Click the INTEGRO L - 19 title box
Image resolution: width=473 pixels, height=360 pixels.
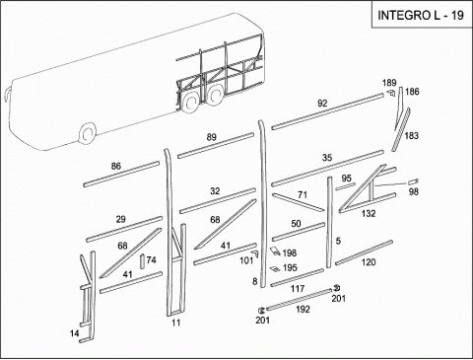click(x=421, y=15)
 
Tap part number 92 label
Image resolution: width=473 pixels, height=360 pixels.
click(x=322, y=104)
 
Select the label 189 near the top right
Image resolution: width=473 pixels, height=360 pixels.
click(x=389, y=83)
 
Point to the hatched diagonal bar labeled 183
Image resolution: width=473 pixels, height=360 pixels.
click(x=401, y=129)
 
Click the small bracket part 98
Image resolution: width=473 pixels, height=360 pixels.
click(x=413, y=181)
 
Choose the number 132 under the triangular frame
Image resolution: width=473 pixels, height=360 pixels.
click(x=369, y=213)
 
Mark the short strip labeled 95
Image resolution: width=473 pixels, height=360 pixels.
click(x=345, y=186)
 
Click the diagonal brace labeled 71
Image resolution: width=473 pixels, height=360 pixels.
click(x=299, y=201)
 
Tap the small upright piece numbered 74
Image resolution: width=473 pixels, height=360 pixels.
click(x=142, y=261)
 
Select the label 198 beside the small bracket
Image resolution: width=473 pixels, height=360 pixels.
click(x=290, y=252)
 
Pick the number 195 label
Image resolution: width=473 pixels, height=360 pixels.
click(x=290, y=267)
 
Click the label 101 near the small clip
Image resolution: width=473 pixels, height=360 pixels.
click(x=246, y=260)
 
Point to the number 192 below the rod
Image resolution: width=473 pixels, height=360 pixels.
click(x=303, y=309)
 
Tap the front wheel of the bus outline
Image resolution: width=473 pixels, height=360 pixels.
click(x=88, y=133)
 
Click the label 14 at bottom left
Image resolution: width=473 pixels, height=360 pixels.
click(x=75, y=333)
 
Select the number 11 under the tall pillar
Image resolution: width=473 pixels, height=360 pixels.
click(x=176, y=323)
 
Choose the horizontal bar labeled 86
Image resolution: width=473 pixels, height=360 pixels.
click(x=121, y=174)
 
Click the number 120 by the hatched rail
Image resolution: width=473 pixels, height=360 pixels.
click(x=369, y=262)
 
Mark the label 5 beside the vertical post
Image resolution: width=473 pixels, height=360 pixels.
click(x=338, y=241)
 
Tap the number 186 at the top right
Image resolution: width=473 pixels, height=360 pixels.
click(x=412, y=92)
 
